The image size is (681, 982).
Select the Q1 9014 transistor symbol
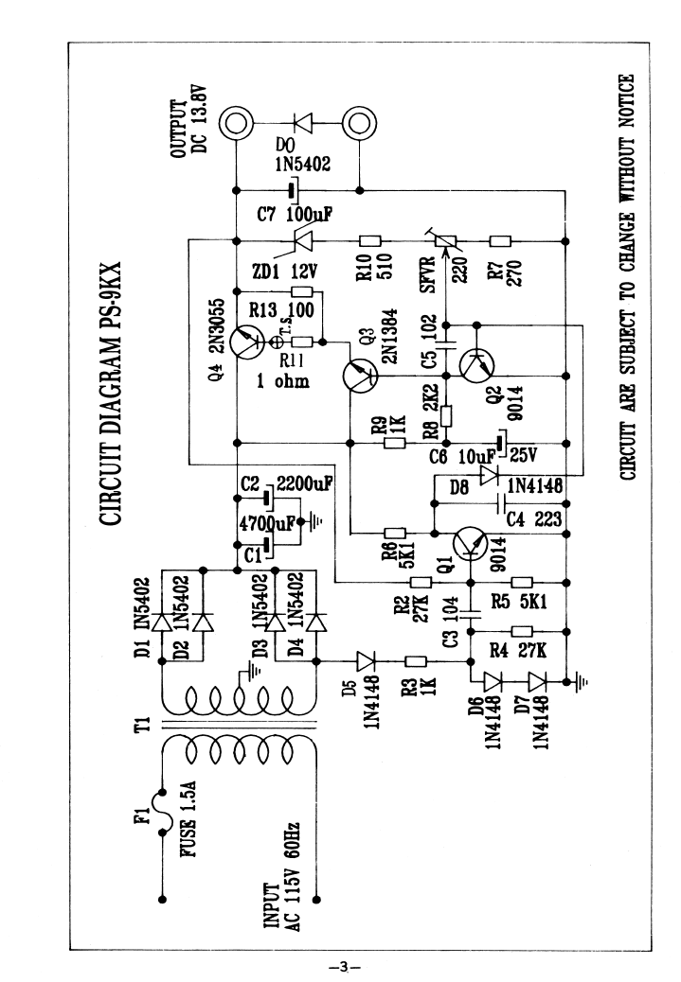(x=471, y=545)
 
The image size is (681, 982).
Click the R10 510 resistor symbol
(x=367, y=239)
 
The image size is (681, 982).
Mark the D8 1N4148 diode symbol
(x=490, y=475)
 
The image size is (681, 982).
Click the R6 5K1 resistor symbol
(x=398, y=533)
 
